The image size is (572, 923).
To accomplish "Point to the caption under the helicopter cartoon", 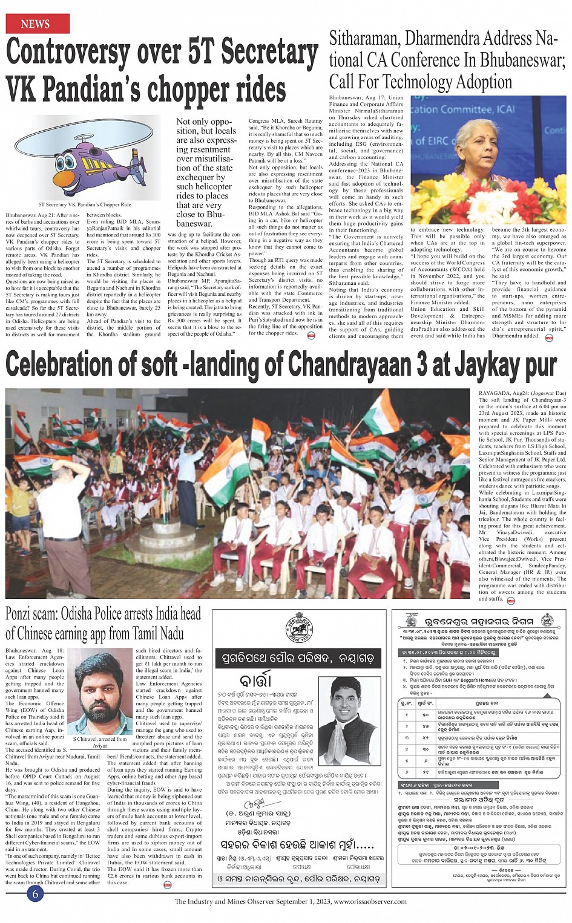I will click(x=84, y=204).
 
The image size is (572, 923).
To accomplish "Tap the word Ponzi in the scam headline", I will click(x=21, y=614).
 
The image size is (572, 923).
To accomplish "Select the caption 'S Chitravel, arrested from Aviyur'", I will click(x=99, y=742).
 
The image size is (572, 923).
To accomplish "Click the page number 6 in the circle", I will click(x=35, y=893).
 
